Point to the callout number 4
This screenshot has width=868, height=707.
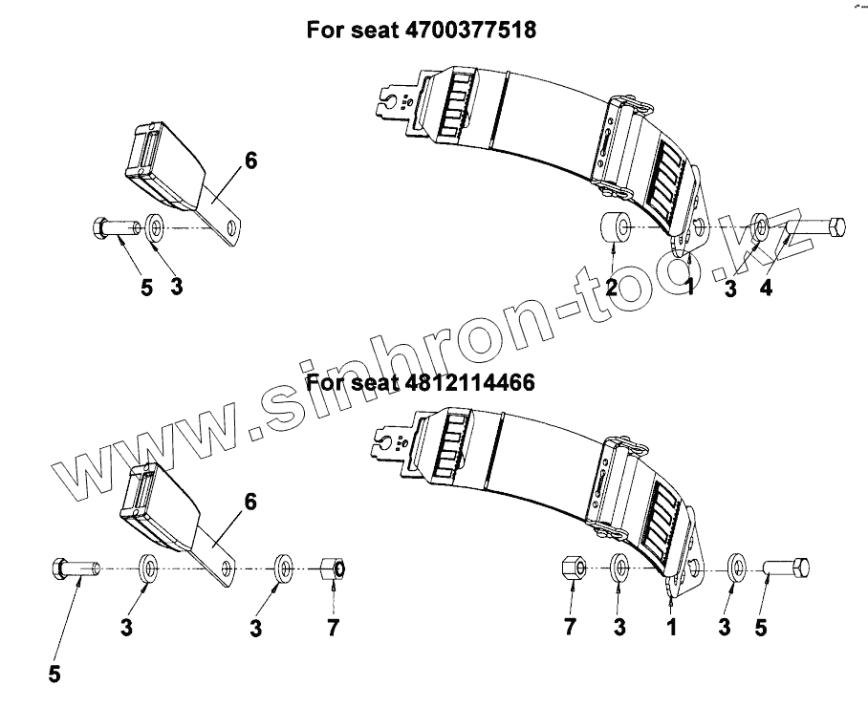pos(766,287)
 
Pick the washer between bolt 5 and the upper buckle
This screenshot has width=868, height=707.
pos(158,229)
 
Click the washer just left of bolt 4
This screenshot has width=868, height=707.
pos(762,226)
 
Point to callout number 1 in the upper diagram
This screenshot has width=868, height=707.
pos(689,287)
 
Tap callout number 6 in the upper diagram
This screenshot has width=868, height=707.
pos(250,161)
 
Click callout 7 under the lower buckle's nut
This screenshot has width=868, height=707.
pos(333,628)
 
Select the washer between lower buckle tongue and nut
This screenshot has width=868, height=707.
pos(285,568)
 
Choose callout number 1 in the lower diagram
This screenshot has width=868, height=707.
pos(671,629)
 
